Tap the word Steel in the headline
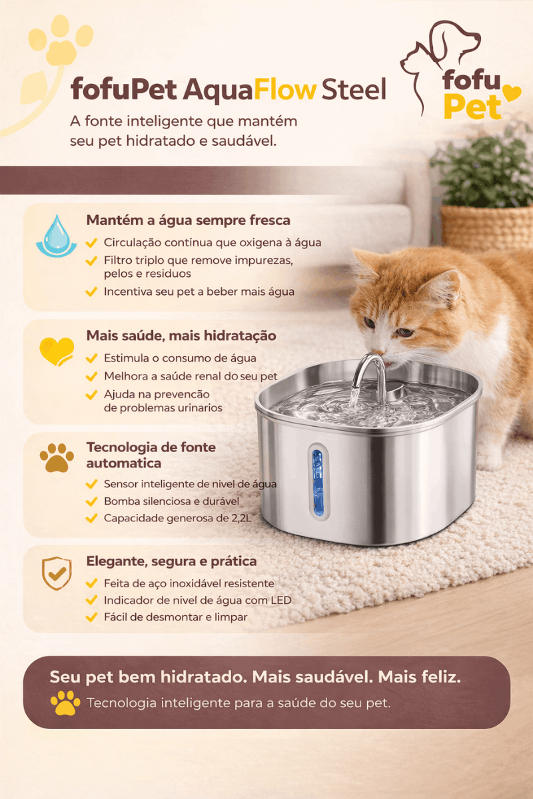354,89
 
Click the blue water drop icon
57,236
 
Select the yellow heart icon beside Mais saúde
57,352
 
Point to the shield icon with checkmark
57,573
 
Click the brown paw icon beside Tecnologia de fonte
57,457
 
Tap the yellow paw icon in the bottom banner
65,702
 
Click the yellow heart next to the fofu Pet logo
512,93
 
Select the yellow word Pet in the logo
472,107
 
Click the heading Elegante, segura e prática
171,561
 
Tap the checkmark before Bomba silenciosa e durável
91,501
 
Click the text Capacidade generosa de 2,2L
177,518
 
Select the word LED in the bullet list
281,601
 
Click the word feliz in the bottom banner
441,676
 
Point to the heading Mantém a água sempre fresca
188,220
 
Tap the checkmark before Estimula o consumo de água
91,358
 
